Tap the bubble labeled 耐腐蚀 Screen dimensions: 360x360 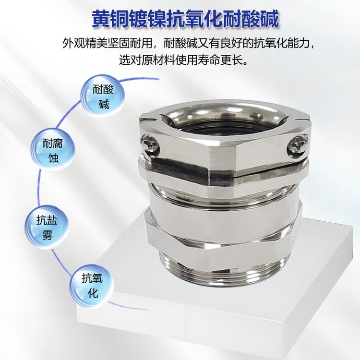coord(53,150)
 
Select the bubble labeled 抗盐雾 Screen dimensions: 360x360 coord(47,227)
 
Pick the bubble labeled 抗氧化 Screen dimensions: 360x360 coord(92,286)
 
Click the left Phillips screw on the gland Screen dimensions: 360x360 coord(149,144)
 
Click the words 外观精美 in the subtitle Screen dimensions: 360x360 coord(85,43)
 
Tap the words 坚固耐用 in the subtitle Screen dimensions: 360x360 coord(130,43)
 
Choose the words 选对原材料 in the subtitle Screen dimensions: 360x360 coord(147,60)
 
